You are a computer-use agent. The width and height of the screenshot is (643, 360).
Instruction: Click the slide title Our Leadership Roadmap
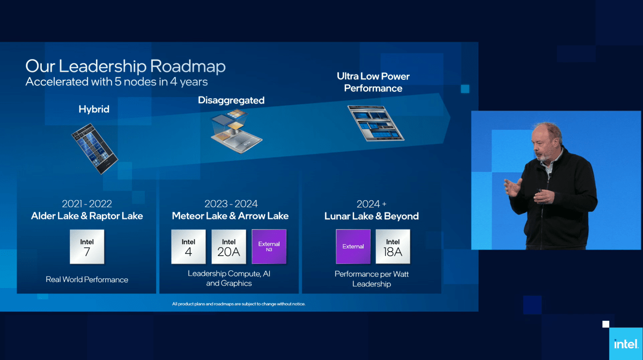point(125,67)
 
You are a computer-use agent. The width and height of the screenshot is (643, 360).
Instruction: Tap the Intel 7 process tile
point(87,247)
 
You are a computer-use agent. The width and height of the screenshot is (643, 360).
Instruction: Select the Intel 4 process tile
point(188,247)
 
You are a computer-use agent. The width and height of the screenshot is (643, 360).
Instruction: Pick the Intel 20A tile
point(228,247)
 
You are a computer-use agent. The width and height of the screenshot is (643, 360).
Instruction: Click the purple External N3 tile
point(269,247)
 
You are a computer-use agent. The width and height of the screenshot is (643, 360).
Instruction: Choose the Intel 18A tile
point(393,247)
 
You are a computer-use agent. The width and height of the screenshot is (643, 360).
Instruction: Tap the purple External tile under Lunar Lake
point(353,247)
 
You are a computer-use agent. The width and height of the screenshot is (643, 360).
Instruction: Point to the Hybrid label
point(94,109)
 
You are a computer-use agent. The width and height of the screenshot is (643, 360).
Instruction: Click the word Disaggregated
point(231,100)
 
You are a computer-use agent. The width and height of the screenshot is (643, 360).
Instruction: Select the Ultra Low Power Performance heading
point(373,82)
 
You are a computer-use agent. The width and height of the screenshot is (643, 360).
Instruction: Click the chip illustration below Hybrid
point(94,148)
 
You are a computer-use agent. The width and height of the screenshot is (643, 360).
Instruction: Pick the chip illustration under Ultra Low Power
point(375,123)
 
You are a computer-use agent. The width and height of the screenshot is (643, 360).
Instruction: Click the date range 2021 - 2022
point(87,204)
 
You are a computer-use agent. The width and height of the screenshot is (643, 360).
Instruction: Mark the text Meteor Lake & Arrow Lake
point(230,216)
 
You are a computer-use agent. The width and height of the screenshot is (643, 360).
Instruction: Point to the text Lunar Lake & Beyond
point(371,216)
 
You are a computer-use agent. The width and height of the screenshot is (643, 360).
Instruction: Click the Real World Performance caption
point(87,280)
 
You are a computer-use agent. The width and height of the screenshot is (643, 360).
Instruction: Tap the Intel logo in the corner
point(625,344)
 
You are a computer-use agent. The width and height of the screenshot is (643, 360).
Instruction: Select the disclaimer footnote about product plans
point(239,304)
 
